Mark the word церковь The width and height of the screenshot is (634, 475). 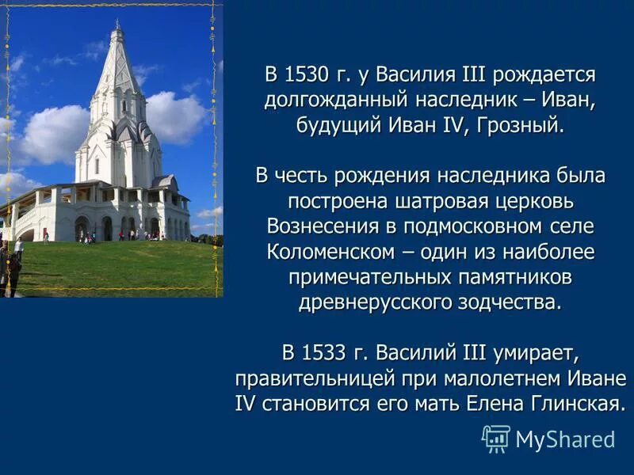(x=540, y=202)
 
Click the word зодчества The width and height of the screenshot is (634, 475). (x=502, y=303)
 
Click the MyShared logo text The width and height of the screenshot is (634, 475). (x=565, y=439)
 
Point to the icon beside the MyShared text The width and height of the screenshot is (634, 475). (x=496, y=439)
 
